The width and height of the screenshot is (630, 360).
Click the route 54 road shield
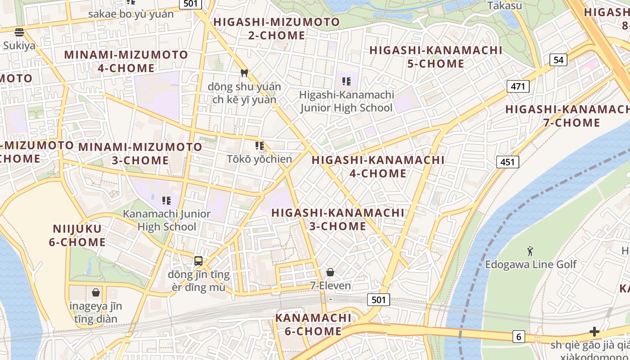pos(558,60)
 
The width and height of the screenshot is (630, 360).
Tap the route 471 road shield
pos(517,86)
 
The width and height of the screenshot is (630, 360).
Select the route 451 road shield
pos(508,162)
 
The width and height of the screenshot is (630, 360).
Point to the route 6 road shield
pos(518,336)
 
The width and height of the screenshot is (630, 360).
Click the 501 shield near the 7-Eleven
pos(378,300)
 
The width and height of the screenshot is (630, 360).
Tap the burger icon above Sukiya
pos(19,32)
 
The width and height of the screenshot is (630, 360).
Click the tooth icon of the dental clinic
pos(244,73)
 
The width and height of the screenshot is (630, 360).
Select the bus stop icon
pos(198,261)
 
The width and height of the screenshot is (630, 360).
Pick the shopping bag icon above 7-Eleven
pos(330,272)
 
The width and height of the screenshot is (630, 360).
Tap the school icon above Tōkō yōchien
pos(260,145)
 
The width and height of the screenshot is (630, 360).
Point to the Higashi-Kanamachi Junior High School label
pos(346,101)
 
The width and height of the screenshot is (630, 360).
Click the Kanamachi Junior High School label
pos(167,220)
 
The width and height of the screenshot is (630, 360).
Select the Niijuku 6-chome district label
pos(77,235)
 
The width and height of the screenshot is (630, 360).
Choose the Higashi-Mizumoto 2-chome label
pos(276,28)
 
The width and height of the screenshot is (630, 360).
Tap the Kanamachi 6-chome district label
pos(313,324)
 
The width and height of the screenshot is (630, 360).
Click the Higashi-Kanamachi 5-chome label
pos(436,57)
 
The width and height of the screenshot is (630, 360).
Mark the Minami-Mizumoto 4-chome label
pos(126,61)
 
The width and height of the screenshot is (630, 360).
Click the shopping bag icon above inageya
pos(96,292)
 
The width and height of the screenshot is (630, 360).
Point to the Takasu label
pos(505,6)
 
